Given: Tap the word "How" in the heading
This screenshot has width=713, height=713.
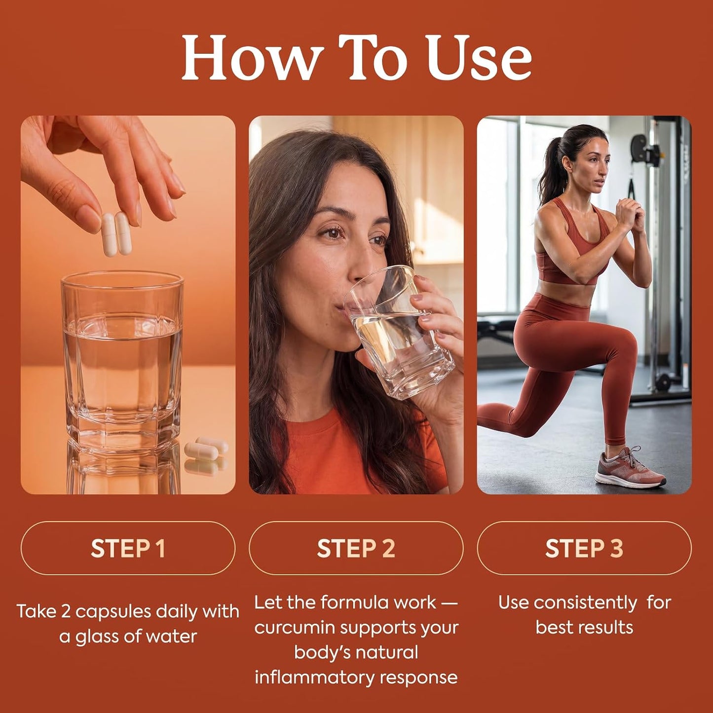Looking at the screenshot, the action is click(x=251, y=57).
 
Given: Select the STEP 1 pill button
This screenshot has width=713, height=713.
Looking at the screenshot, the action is click(x=128, y=548).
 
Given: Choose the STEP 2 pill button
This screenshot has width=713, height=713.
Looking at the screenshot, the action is click(x=356, y=548).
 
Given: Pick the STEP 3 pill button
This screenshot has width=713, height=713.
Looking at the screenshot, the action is click(x=584, y=548).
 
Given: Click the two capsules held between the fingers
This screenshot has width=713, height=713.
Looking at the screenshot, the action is click(x=116, y=234).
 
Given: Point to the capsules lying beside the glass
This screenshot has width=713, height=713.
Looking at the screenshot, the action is click(x=206, y=449).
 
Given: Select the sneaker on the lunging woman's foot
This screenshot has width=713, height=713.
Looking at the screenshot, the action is click(x=629, y=467).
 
